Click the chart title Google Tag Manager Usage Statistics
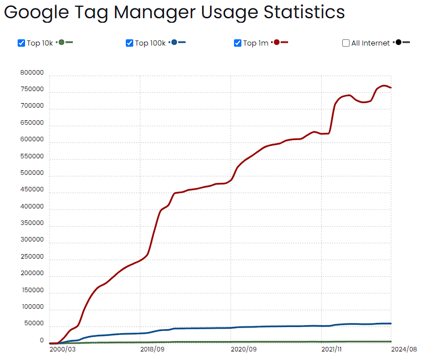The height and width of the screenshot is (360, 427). (174, 12)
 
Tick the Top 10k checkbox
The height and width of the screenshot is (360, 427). (22, 43)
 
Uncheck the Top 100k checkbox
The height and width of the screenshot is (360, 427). (129, 43)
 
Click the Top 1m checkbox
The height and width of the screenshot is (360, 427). (237, 43)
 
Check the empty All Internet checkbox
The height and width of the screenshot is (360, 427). (346, 43)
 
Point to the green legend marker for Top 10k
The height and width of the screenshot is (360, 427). (61, 43)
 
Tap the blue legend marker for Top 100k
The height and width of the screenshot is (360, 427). (174, 43)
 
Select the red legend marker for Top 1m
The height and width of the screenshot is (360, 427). (277, 43)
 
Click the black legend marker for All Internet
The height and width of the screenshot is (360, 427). (399, 43)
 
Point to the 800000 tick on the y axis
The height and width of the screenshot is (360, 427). (32, 73)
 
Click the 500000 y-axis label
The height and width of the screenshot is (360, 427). (32, 173)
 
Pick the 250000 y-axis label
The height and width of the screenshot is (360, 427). (32, 257)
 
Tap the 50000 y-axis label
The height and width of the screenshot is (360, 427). (34, 324)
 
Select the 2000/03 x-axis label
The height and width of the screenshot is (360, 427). (62, 349)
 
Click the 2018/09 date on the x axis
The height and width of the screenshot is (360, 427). (153, 349)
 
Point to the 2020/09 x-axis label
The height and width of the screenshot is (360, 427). (243, 349)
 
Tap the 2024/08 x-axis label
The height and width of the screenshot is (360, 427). (405, 349)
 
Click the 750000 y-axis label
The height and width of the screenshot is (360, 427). (32, 89)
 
